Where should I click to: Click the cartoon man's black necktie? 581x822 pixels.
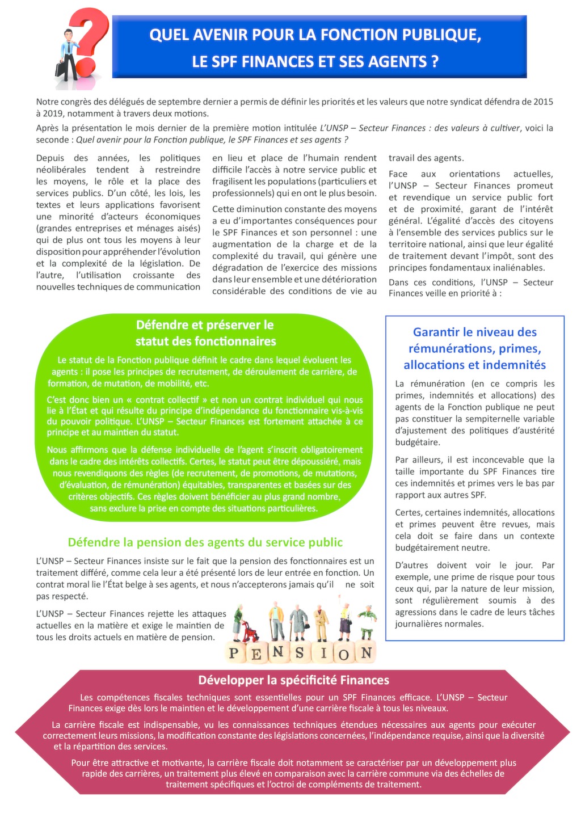[70, 47]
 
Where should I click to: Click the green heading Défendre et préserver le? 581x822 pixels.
[205, 325]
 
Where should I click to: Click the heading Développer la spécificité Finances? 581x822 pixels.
[293, 680]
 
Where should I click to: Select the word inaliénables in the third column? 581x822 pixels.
[516, 268]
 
